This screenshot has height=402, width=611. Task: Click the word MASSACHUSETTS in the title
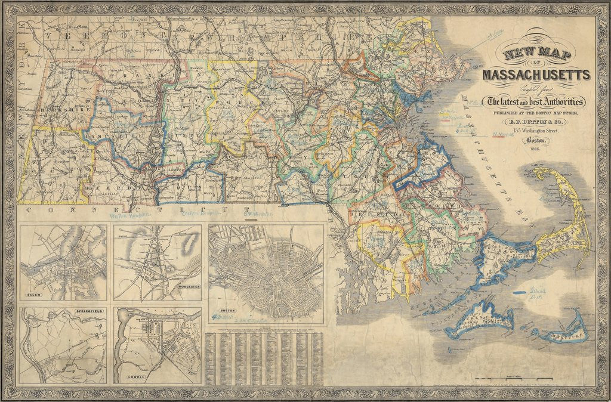[x=536, y=75]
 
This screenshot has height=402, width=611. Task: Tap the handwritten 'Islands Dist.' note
[x=536, y=292]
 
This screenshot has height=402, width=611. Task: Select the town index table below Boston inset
[x=263, y=358]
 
